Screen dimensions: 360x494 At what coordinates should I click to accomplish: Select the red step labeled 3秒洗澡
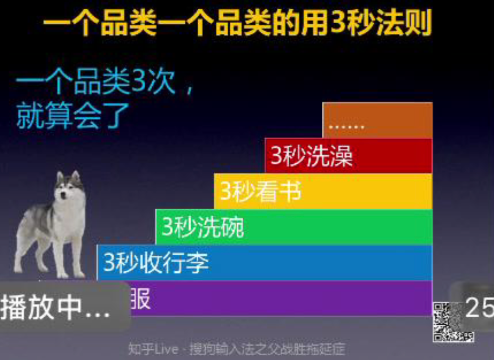click(348, 156)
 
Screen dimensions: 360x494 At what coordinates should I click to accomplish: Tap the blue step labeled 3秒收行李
click(265, 263)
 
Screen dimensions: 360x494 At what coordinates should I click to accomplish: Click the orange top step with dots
click(377, 120)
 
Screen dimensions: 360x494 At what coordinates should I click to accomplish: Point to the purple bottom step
click(279, 298)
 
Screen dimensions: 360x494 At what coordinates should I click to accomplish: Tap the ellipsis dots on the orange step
click(346, 126)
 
